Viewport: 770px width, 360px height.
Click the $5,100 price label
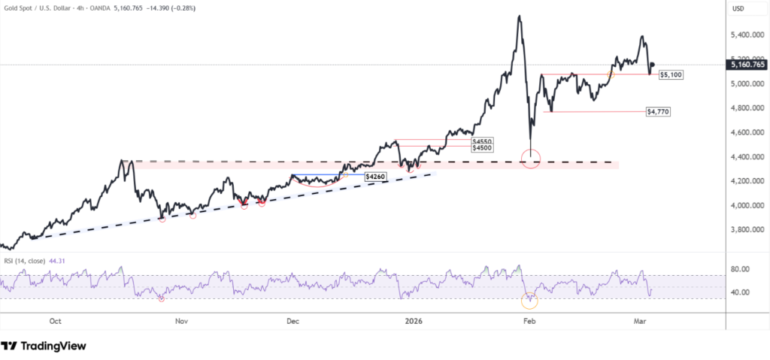pos(671,75)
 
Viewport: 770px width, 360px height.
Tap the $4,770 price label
pos(658,111)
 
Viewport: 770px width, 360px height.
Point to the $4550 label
pos(483,141)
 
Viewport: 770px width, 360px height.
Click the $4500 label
pos(483,149)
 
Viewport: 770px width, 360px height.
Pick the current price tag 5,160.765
pos(747,65)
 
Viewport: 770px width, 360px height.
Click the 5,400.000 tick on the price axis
pos(749,35)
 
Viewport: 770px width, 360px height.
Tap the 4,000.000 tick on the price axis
pos(749,206)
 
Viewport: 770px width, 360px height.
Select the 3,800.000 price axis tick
pos(749,230)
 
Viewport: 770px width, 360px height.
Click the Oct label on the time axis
pos(55,321)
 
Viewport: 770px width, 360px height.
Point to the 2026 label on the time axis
pos(414,321)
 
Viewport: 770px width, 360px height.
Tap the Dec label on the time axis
pos(293,321)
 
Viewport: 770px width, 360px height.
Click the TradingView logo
pos(44,346)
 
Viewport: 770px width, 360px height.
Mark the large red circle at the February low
pos(531,159)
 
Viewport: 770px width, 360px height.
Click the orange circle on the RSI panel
pos(531,301)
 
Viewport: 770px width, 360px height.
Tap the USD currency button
pos(740,9)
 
